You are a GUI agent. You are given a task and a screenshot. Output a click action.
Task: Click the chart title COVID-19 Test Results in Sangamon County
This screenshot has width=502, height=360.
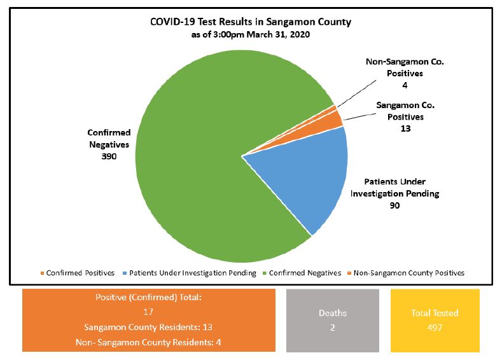250,22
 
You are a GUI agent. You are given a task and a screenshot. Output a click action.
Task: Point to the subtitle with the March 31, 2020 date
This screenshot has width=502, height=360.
250,35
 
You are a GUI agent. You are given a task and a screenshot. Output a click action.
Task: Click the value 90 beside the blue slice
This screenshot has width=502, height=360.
394,205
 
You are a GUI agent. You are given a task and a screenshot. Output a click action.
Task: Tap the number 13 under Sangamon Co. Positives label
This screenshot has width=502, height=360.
405,128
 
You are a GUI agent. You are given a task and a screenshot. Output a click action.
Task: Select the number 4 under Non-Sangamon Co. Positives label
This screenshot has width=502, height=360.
405,85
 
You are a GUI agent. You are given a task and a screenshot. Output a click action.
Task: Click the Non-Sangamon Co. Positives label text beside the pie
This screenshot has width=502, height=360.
405,67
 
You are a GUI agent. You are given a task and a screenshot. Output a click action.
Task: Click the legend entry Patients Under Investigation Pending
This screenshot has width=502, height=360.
190,273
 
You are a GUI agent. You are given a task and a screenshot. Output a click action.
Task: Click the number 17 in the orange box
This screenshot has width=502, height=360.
148,312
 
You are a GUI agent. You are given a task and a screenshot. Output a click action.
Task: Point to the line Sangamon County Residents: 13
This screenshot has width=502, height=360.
148,327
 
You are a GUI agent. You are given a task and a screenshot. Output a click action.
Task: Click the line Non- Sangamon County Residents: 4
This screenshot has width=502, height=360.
148,342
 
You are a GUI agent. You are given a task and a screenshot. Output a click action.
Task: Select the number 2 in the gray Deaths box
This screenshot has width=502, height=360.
332,328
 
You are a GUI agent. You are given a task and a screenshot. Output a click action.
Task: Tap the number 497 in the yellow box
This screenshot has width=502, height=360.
434,328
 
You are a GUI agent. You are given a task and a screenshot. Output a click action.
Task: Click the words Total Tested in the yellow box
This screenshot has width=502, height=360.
434,313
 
